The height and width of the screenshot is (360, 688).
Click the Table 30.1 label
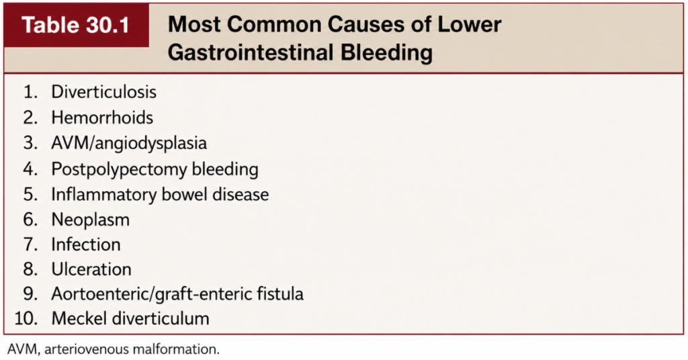coord(75,25)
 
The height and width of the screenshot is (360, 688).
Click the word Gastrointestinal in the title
coord(250,52)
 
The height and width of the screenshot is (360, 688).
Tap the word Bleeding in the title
coord(386,52)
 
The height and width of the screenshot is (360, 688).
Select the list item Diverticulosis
coord(103,92)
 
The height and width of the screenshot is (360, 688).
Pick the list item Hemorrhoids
coord(102,118)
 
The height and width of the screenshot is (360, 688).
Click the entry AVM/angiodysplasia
coord(129,143)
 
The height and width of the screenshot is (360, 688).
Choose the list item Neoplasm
coord(91,220)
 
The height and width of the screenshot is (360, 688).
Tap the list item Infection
coord(86,244)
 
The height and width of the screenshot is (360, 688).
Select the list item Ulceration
coord(91,269)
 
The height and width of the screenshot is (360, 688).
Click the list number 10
coord(26,318)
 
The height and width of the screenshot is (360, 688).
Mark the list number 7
coord(31,244)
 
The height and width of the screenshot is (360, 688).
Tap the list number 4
coord(31,169)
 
